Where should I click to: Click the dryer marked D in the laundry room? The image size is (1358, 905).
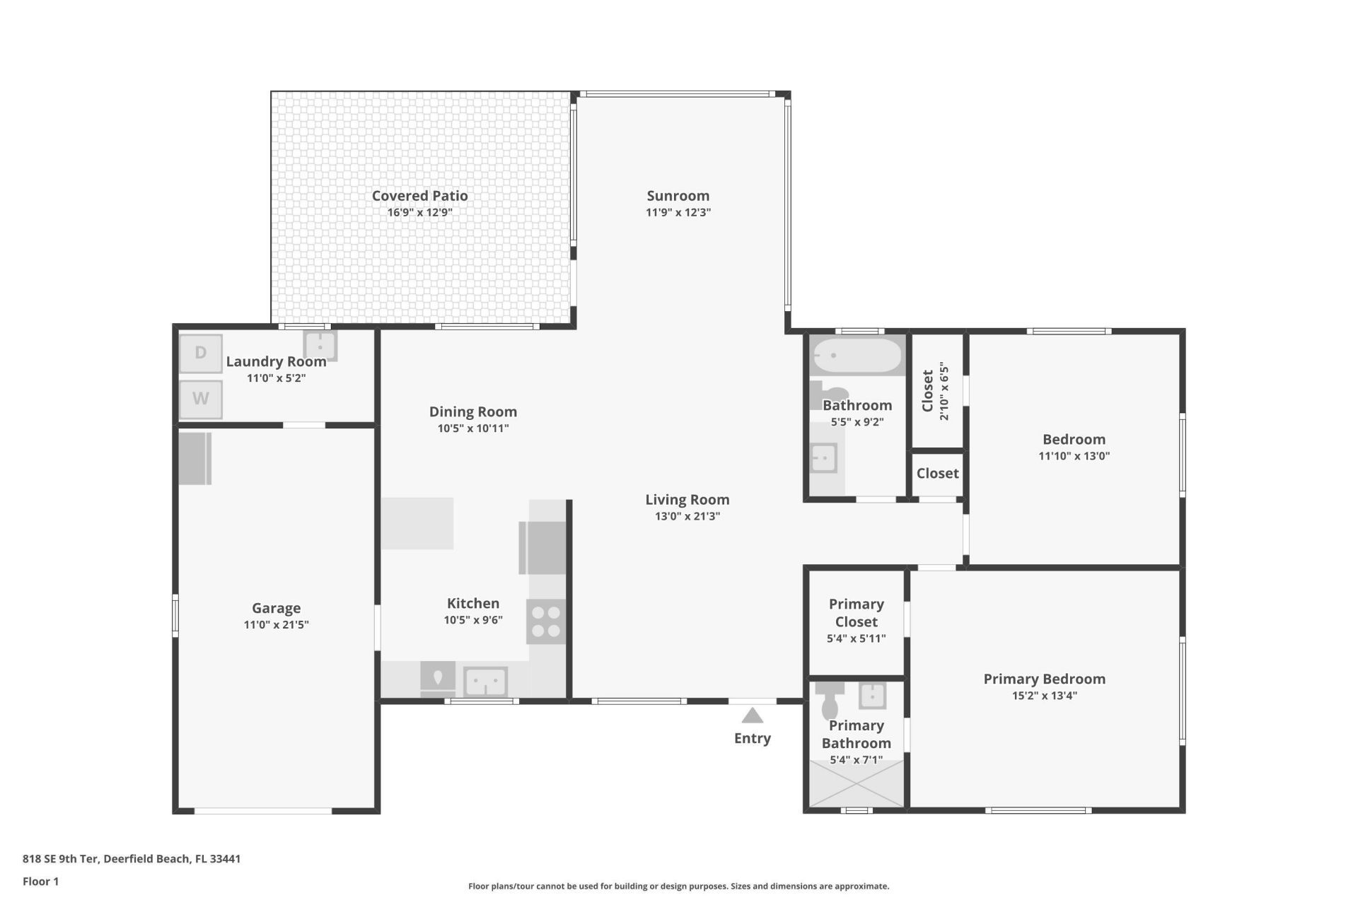coord(201,353)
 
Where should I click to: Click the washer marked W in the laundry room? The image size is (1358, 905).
coord(201,399)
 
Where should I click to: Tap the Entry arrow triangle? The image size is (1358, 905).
coord(752,716)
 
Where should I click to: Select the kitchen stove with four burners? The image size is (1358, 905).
coord(546,621)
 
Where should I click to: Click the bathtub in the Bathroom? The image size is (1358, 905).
coord(857,355)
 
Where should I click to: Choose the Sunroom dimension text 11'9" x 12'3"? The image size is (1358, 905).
coord(678,212)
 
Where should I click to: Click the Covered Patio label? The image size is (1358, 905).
coord(419,196)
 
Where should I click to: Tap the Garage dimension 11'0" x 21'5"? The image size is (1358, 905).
coord(276,624)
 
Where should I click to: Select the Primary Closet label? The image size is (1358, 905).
coord(856,612)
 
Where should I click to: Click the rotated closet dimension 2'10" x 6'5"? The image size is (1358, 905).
coord(944,392)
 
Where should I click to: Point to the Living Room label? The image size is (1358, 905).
coord(687,499)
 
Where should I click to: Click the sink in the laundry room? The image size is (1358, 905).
coord(320,346)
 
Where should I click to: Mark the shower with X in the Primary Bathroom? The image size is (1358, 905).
coord(857,783)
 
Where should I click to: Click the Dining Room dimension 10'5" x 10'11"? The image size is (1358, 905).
coord(472,428)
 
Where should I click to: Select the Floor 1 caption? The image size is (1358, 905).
coord(41,881)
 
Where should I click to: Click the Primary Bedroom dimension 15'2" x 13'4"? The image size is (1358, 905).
coord(1044,696)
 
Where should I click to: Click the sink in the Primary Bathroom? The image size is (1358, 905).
coord(872,695)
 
